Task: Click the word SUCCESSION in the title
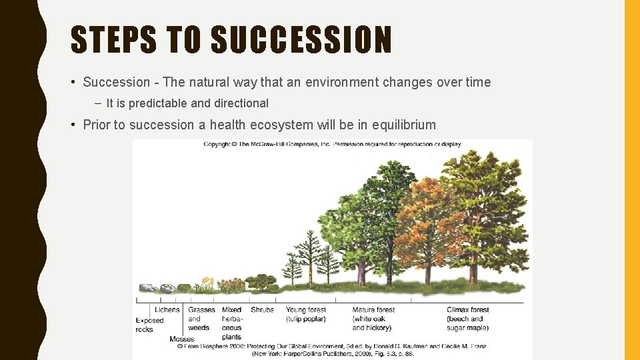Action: [x=301, y=40]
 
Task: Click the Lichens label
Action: [x=167, y=310]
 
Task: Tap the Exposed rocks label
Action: [x=149, y=325]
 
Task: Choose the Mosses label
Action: [x=182, y=339]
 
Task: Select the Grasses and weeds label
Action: [x=201, y=319]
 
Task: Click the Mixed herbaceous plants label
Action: [x=232, y=323]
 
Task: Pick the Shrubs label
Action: [x=262, y=310]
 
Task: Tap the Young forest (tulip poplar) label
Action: [x=306, y=315]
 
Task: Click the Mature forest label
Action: [x=373, y=319]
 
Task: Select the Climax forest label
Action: [x=468, y=319]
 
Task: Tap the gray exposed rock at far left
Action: [x=146, y=288]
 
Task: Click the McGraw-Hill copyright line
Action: [x=332, y=144]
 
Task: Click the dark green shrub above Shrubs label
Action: [x=261, y=283]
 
